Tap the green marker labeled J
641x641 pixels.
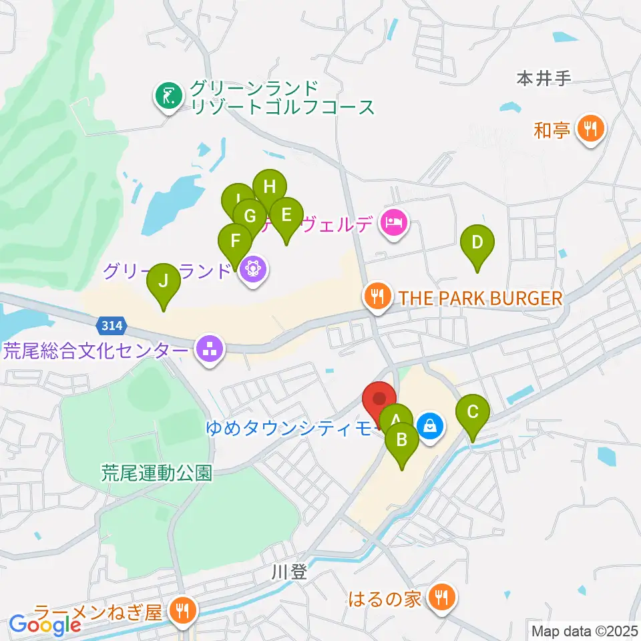[x=164, y=282]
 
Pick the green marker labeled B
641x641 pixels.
[x=402, y=441]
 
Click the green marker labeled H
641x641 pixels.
[x=269, y=188]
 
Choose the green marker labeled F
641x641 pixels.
[x=235, y=240]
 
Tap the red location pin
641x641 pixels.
[x=379, y=401]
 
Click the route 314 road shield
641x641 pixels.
[x=112, y=326]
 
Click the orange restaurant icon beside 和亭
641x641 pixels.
[x=590, y=129]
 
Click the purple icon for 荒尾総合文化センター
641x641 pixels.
[x=210, y=349]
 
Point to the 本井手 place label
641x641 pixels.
[x=544, y=79]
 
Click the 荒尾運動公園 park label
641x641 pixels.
[x=157, y=473]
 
